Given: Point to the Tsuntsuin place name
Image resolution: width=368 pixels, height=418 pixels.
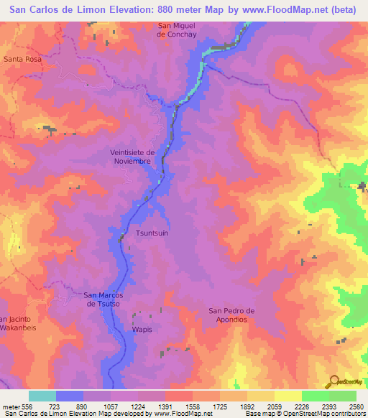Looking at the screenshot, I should [152, 233].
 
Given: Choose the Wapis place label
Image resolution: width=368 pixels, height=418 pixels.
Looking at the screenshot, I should [142, 330].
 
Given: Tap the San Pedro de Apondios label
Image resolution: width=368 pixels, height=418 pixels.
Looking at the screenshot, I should [232, 315].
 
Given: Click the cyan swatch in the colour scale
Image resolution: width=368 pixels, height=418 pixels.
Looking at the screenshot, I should [42, 396].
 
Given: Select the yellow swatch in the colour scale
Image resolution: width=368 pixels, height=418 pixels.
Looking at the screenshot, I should [287, 396].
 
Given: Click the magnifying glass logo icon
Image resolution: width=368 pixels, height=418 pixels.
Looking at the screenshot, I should [333, 381].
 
